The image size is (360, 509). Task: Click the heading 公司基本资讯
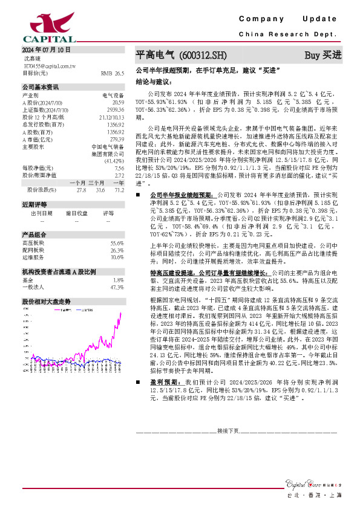coord(41,87)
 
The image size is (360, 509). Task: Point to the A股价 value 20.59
coord(118,103)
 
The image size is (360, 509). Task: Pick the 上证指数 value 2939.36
coord(116,111)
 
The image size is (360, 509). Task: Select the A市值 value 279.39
coord(116,140)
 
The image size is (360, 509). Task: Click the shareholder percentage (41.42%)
coord(114,161)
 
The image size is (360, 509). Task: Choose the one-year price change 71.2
coord(119,190)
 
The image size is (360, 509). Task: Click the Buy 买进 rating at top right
coord(323,55)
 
